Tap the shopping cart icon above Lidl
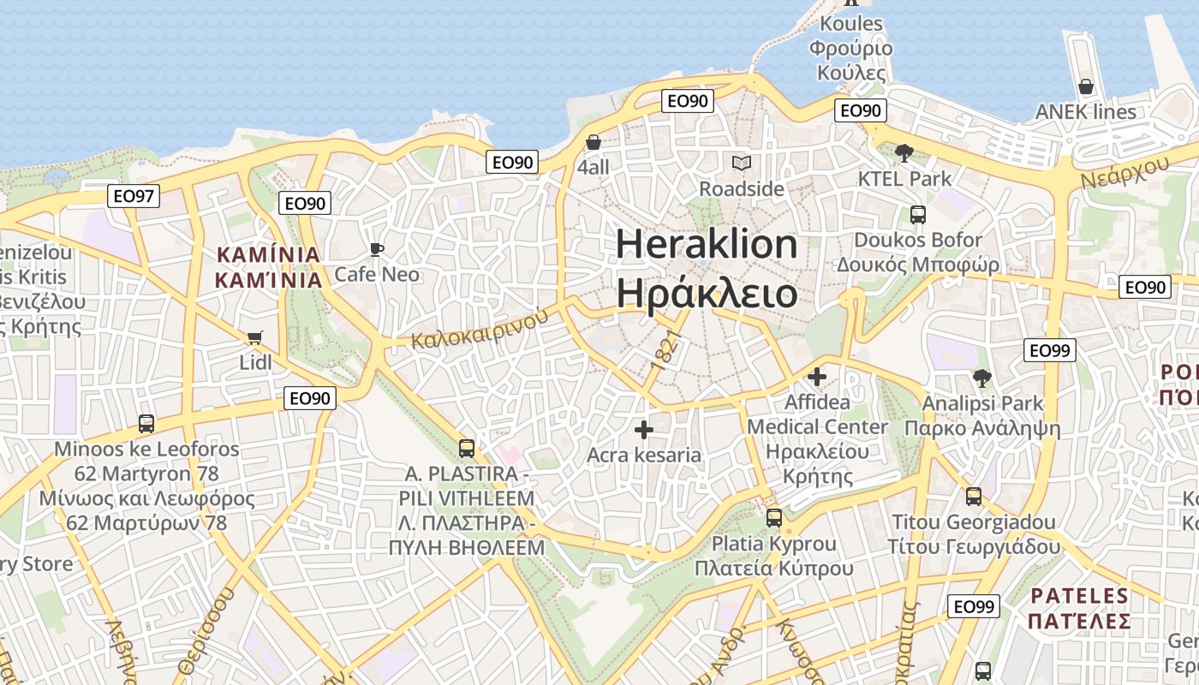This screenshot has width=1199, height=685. [254, 337]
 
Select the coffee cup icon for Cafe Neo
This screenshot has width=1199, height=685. [376, 249]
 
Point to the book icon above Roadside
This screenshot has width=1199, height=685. [741, 163]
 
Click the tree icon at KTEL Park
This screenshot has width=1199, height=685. [903, 153]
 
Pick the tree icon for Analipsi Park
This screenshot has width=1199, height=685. [981, 378]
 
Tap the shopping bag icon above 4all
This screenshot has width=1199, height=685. [593, 141]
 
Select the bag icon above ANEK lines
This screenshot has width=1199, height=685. [1085, 86]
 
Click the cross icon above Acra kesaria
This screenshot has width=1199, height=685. [644, 430]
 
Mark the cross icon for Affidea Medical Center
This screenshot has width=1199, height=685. [817, 376]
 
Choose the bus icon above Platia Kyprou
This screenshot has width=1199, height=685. [773, 518]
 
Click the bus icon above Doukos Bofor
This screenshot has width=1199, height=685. [917, 214]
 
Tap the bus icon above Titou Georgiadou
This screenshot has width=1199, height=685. [973, 497]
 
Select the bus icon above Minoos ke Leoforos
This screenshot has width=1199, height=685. [146, 423]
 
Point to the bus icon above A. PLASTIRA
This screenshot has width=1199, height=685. [466, 448]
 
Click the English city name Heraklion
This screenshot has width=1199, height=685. [707, 245]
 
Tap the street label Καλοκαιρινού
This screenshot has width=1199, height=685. [480, 329]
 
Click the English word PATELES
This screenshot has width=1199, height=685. [1080, 596]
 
